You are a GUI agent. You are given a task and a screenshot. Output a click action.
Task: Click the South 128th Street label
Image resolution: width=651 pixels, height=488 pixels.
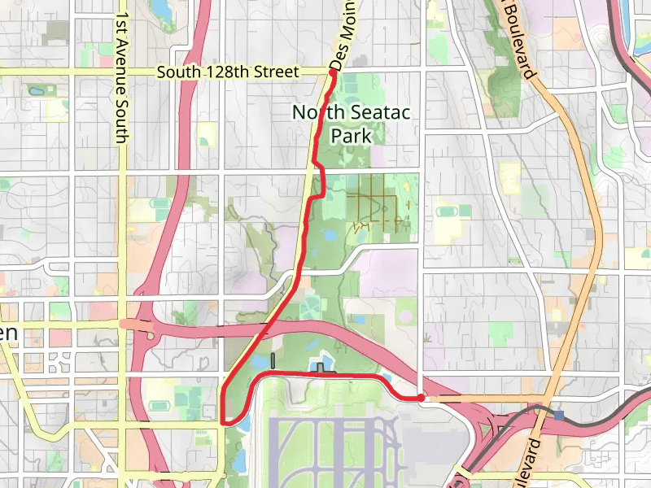pyautogui.click(x=229, y=72)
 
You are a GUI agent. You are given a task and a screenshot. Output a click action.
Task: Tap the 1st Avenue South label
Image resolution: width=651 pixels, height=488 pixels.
pyautogui.click(x=121, y=77)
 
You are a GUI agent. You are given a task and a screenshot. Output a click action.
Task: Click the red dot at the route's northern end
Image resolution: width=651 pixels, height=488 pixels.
pyautogui.click(x=333, y=73)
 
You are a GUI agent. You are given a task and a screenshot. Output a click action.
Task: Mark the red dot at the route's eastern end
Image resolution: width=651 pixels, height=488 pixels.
pyautogui.click(x=420, y=398)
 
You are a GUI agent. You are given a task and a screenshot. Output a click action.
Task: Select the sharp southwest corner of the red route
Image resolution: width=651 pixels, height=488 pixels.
pyautogui.click(x=222, y=422)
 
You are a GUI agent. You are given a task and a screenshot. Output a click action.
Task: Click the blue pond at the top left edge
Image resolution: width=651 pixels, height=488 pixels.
pyautogui.click(x=159, y=11)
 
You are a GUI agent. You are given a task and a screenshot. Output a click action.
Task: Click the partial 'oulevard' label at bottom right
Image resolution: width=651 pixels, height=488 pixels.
pyautogui.click(x=529, y=462)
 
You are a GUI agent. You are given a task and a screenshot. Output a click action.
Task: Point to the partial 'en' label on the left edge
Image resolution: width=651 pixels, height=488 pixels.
pyautogui.click(x=9, y=333)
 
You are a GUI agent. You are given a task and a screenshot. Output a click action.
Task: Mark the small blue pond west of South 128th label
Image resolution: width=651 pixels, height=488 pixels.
pyautogui.click(x=37, y=89)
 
